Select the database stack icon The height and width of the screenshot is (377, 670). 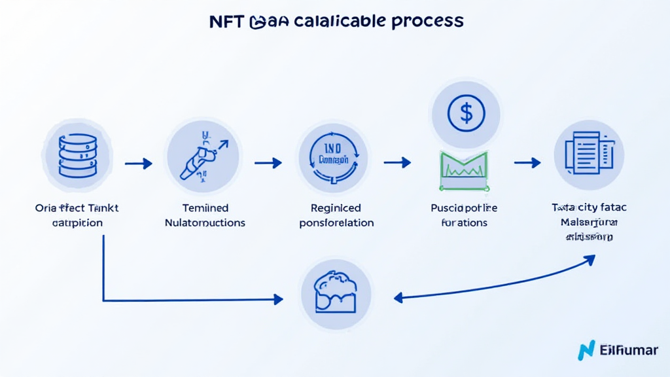[x=77, y=155]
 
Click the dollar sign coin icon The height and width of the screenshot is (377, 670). [x=465, y=113]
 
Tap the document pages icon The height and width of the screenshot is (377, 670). [x=589, y=154]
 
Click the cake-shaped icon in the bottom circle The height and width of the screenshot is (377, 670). [x=335, y=293]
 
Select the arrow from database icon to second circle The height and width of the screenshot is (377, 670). [x=138, y=163]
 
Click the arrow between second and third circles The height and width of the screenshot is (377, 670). [x=268, y=162]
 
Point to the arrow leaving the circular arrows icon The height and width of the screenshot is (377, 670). [x=397, y=162]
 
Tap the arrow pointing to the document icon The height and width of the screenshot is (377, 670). [x=527, y=162]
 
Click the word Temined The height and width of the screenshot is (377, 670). [x=205, y=208]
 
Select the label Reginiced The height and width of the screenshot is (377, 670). [x=336, y=208]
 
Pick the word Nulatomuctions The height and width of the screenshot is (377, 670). [x=205, y=223]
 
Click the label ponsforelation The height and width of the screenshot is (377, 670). [x=336, y=223]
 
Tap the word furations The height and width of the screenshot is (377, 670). [x=465, y=223]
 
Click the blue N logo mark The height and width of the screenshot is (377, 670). [x=586, y=350]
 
